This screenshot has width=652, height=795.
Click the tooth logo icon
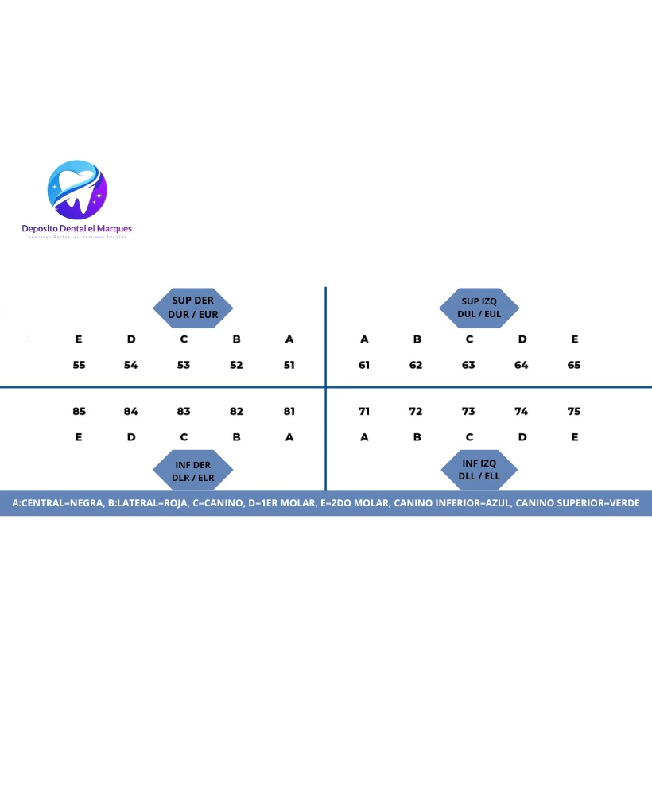point(77,189)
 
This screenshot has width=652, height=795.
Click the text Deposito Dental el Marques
point(77,228)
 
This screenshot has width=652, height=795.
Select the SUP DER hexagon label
point(193,307)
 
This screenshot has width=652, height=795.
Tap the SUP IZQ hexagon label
point(480,307)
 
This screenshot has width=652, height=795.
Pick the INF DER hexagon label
point(193,471)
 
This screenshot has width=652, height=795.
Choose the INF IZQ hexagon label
point(479,469)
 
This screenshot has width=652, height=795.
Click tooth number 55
point(79,365)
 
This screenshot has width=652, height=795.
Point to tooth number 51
point(289,365)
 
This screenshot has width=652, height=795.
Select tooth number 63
point(469,365)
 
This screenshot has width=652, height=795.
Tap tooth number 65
point(574,365)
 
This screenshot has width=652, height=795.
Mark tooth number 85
point(79,411)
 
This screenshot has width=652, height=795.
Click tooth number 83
point(184,411)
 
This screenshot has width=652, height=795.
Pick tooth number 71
point(364,411)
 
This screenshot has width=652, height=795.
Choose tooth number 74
point(521,411)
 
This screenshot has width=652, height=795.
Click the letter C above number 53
point(184,339)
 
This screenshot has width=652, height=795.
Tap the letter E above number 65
point(574,339)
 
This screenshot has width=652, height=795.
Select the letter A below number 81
point(289,437)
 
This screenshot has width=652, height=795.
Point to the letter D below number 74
point(521,437)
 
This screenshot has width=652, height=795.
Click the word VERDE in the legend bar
point(622,503)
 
